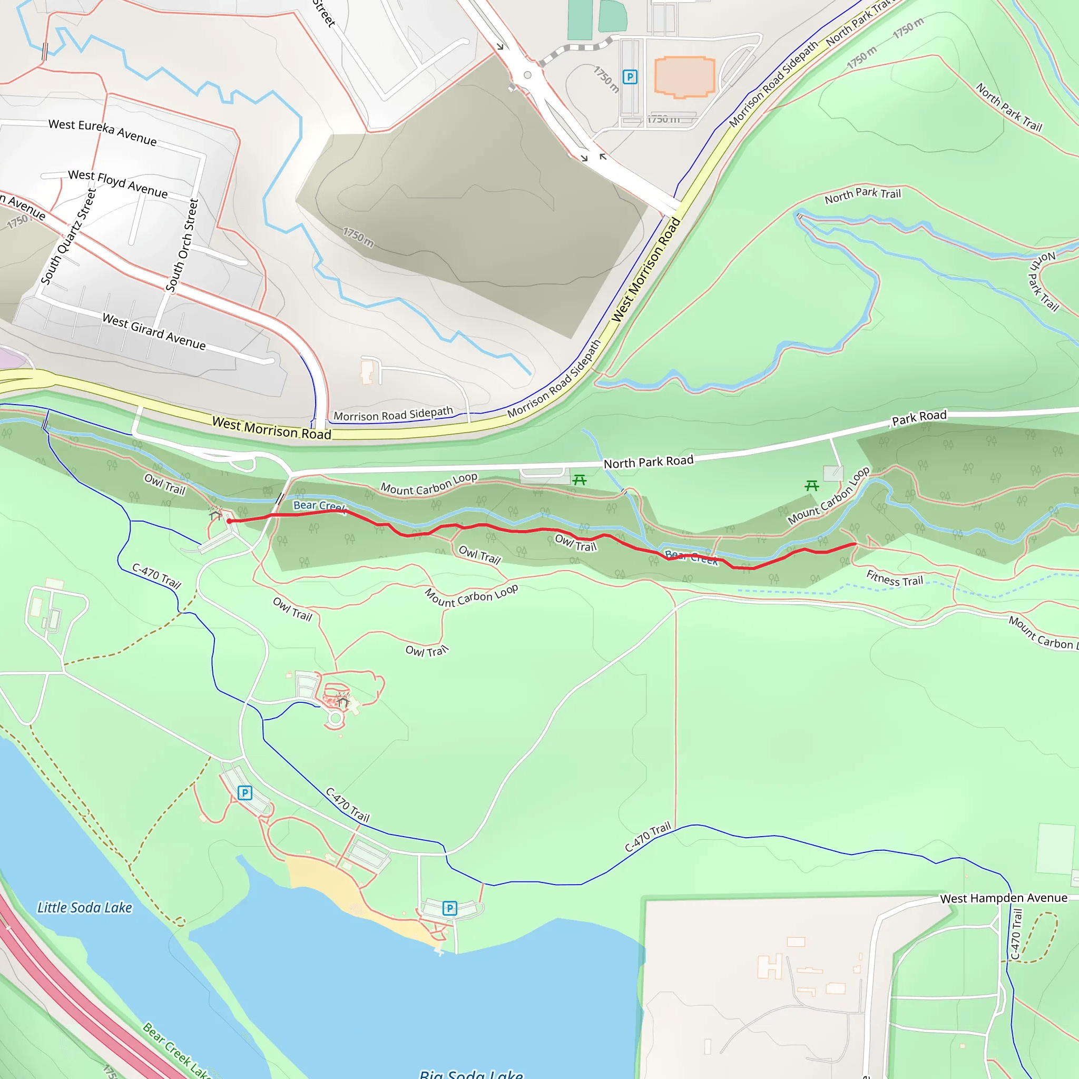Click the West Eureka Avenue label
(102, 131)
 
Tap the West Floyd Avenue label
(117, 184)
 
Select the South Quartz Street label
(68, 236)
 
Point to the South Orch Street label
(182, 244)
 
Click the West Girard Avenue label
(154, 331)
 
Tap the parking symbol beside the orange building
(630, 77)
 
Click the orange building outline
(684, 76)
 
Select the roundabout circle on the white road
(527, 75)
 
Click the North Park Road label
(649, 462)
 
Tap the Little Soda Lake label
(84, 908)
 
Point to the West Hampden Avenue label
(1003, 898)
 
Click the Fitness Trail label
(894, 578)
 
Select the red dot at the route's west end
(230, 521)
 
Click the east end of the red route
(855, 543)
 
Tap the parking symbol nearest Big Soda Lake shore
(449, 908)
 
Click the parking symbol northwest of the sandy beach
(244, 792)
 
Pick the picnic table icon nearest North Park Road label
(579, 480)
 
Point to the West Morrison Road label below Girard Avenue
(271, 428)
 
